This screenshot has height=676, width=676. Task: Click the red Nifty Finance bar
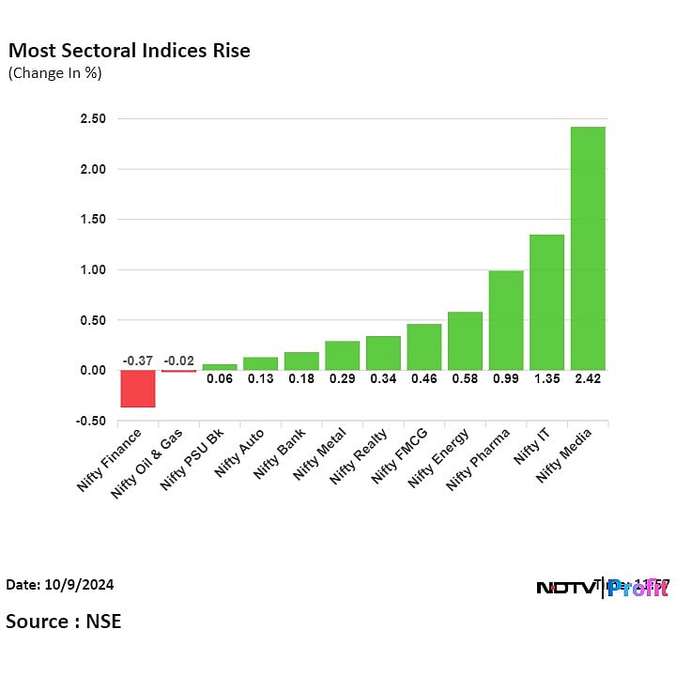tap(138, 388)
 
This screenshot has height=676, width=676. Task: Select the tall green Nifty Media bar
tap(588, 248)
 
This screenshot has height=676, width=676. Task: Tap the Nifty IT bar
tap(546, 302)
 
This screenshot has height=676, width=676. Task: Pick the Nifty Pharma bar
tap(506, 320)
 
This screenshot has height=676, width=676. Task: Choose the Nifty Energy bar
tap(465, 341)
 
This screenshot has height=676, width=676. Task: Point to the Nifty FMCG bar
tap(424, 346)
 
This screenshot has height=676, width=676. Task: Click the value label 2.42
tap(588, 378)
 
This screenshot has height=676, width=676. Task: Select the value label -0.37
tap(138, 361)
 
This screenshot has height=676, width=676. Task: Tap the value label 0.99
tap(506, 378)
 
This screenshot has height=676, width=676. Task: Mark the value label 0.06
tap(220, 378)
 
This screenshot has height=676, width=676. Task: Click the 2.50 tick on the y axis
tap(93, 119)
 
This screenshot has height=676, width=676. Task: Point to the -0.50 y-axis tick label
tap(91, 421)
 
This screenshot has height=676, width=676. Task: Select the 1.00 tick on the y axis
tap(93, 269)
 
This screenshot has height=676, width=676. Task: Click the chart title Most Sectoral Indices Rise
tap(129, 51)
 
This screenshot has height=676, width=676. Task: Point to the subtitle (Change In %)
tap(54, 72)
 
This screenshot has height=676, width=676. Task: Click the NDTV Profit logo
tap(601, 588)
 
